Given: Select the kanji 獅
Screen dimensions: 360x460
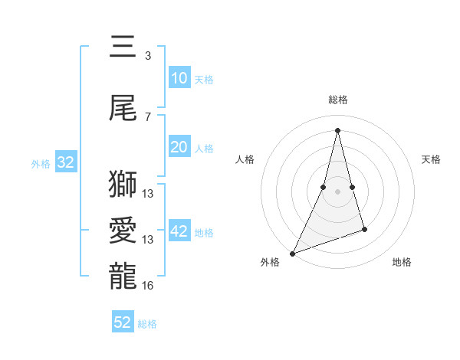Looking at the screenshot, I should pos(123,185).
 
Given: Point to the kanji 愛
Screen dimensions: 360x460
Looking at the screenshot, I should pos(123,231).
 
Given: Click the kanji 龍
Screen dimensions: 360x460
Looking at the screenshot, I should pos(123,277).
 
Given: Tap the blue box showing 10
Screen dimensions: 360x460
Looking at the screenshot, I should pos(179,78).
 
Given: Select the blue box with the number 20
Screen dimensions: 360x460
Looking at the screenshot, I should pos(179,147).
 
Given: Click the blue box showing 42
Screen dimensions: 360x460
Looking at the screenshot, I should pos(179,231).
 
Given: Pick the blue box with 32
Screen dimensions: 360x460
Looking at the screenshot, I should pos(65,162).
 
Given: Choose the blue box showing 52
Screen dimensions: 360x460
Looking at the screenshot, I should pos(123,322).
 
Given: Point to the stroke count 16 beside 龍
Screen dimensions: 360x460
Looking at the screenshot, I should pos(148,286).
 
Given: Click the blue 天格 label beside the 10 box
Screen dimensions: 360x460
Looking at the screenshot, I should pos(204,80).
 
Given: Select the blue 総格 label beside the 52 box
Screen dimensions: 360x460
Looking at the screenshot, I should pos(147,324).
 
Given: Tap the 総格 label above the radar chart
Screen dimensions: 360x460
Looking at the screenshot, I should pos(337,100).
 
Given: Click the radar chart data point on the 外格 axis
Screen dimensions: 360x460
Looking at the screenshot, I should pos(292,253).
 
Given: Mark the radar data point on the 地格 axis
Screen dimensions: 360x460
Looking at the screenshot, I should pos(364,229).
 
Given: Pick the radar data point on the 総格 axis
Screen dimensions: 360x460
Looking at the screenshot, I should pos(337,129).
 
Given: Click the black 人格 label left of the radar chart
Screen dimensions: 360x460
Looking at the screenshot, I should pos(245,159).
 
